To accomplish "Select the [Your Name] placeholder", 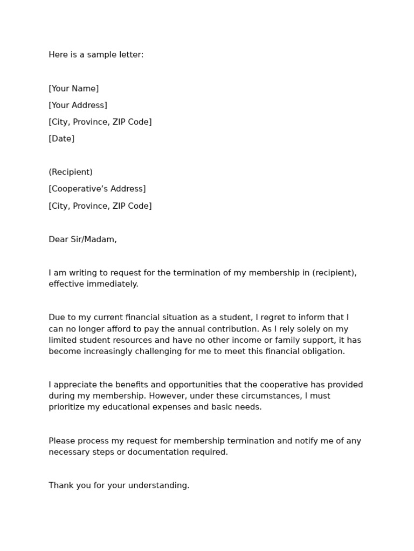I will (74, 89).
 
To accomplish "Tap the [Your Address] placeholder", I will (78, 105).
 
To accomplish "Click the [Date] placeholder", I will (61, 139).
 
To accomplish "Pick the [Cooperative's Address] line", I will (97, 189).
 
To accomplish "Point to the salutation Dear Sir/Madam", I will (82, 239).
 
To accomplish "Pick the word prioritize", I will (68, 407).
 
